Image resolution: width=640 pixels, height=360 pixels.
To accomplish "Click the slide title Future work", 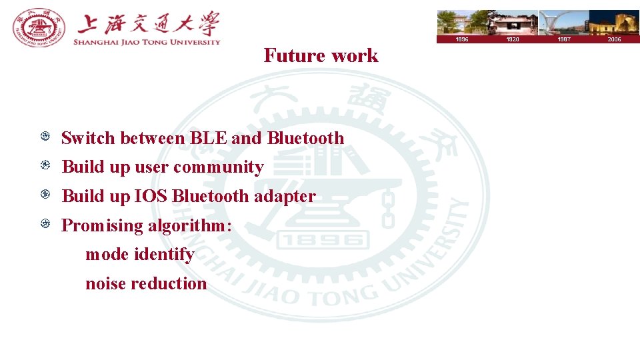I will [x=321, y=55].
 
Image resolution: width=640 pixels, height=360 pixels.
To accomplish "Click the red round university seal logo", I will [x=39, y=28].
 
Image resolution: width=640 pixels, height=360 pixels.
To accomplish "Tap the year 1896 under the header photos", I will [x=461, y=39].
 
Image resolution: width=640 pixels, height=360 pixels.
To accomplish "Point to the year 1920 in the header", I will [x=512, y=39].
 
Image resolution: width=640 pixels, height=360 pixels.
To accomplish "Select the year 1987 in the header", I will [x=563, y=39].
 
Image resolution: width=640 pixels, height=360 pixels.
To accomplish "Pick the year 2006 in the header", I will [x=614, y=39].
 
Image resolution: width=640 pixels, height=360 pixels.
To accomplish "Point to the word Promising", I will [x=102, y=225].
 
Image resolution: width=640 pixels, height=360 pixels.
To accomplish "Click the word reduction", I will [x=169, y=283].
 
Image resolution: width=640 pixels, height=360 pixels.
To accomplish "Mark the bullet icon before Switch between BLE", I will [x=45, y=137].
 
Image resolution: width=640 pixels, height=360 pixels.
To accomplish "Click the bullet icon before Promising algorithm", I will [x=45, y=224].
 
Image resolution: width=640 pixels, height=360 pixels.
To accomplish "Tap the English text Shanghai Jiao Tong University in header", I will [x=147, y=41].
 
